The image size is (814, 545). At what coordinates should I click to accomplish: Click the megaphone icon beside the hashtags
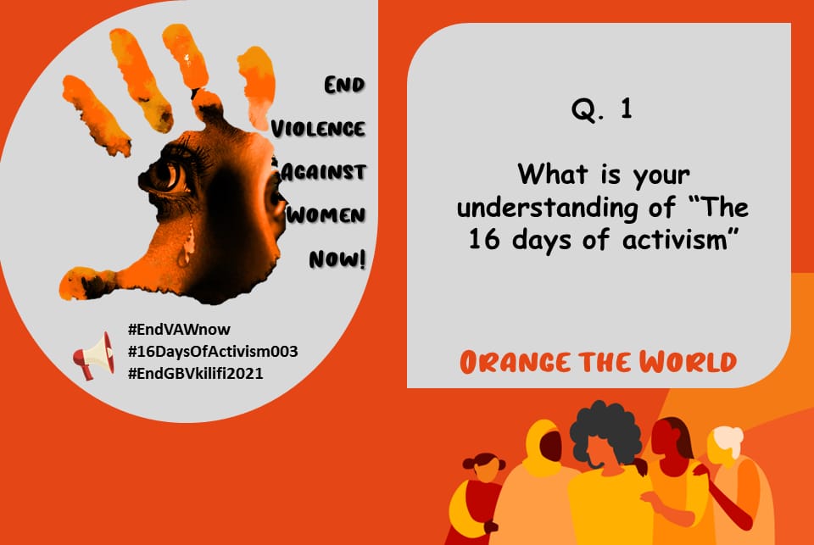[x=94, y=354]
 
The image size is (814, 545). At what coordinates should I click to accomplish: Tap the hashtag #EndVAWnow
[x=178, y=329]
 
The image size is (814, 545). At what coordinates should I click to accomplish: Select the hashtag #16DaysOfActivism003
[x=212, y=351]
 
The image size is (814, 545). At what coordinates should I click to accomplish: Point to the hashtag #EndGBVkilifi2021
[x=195, y=373]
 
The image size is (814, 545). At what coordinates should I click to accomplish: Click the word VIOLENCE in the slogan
[x=318, y=129]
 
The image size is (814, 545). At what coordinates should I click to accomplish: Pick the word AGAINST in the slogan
[x=323, y=171]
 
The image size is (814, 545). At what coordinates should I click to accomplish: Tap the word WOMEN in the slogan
[x=326, y=214]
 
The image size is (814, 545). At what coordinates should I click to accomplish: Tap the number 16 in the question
[x=482, y=239]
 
